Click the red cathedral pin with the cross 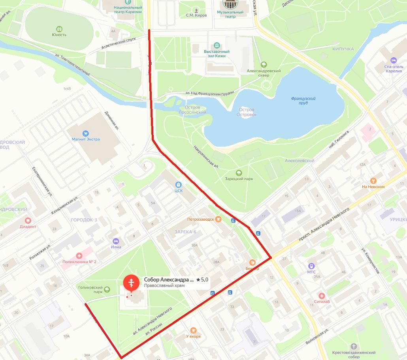131,283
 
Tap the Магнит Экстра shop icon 86,133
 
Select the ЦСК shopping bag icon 179,184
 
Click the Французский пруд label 303,100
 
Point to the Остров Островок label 247,112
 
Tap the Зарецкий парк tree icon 239,172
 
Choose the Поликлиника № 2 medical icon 79,256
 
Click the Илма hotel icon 116,241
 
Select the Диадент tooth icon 28,220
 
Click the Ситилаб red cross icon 322,295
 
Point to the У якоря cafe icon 193,330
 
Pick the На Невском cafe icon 373,180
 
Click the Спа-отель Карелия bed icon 393,60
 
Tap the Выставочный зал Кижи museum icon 217,45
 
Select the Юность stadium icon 59,28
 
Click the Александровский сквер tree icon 264,65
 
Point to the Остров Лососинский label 193,110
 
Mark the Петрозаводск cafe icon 218,219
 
